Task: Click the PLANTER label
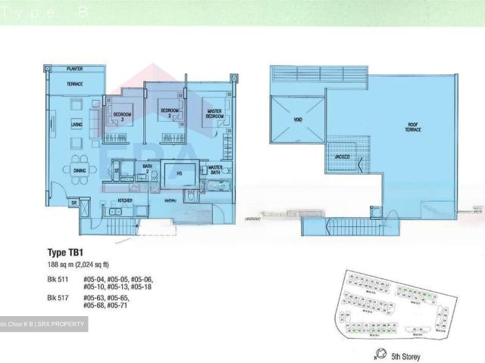tap(74, 69)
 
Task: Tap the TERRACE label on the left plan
tap(74, 84)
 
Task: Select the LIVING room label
tap(77, 124)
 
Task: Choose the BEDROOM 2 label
tap(169, 113)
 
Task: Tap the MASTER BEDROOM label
tap(215, 114)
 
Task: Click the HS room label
tap(180, 173)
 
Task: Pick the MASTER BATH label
tap(215, 170)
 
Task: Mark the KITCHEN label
tap(125, 200)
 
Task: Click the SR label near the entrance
tap(74, 203)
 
